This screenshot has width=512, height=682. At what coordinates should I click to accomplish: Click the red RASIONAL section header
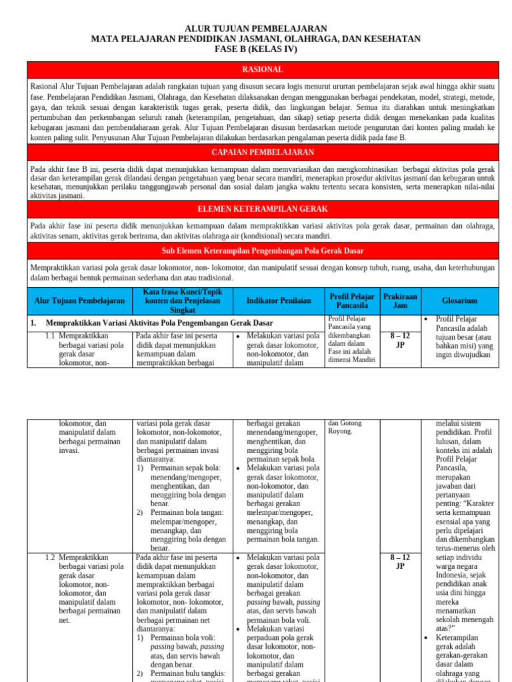click(x=262, y=69)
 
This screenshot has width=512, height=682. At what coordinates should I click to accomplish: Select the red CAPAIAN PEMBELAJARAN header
click(x=262, y=153)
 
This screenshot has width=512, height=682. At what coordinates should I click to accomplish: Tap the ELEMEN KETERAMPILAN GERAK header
click(x=262, y=209)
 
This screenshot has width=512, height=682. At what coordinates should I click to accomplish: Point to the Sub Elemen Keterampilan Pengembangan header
click(x=262, y=250)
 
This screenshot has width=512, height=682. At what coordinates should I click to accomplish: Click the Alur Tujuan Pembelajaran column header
click(x=79, y=301)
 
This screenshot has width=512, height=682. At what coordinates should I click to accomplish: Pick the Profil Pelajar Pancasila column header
click(x=352, y=301)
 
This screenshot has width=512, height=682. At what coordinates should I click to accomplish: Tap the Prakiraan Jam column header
click(x=400, y=301)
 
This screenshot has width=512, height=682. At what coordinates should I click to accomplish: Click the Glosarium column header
click(x=459, y=301)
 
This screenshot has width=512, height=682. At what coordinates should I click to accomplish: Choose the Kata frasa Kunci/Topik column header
click(x=183, y=301)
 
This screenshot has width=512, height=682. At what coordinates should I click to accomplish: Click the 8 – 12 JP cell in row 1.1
click(x=400, y=341)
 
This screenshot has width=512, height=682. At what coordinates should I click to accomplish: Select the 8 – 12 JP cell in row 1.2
click(x=400, y=561)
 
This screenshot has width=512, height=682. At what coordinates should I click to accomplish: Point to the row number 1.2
click(x=50, y=557)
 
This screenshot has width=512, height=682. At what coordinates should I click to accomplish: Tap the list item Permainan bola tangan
click(x=187, y=512)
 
